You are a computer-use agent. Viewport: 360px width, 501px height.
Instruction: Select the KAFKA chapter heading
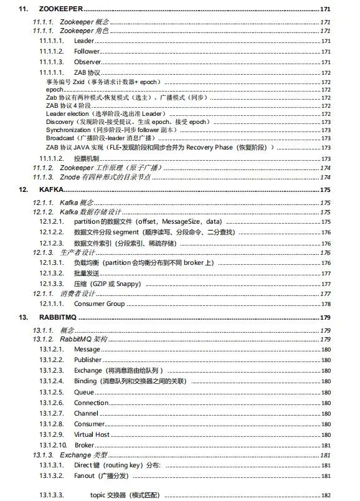pyautogui.click(x=50, y=189)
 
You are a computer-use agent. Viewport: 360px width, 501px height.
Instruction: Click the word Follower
pyautogui.click(x=87, y=50)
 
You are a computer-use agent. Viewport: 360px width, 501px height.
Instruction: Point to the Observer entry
pyautogui.click(x=87, y=62)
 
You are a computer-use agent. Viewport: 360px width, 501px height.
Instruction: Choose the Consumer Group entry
pyautogui.click(x=99, y=303)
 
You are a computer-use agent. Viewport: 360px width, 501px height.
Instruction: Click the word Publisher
pyautogui.click(x=88, y=360)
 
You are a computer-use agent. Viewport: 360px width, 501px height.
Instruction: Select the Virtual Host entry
pyautogui.click(x=92, y=434)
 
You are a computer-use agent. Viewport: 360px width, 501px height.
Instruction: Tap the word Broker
pyautogui.click(x=85, y=446)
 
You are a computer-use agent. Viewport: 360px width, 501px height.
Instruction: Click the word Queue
pyautogui.click(x=84, y=392)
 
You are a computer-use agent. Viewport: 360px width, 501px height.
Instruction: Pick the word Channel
pyautogui.click(x=86, y=413)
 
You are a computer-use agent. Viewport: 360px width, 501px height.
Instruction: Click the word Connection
pyautogui.click(x=91, y=403)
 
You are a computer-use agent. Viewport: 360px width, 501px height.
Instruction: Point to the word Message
pyautogui.click(x=87, y=349)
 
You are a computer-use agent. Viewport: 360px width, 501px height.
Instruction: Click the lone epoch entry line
pyautogui.click(x=55, y=90)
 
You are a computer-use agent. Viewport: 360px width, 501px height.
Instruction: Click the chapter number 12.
pyautogui.click(x=23, y=189)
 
